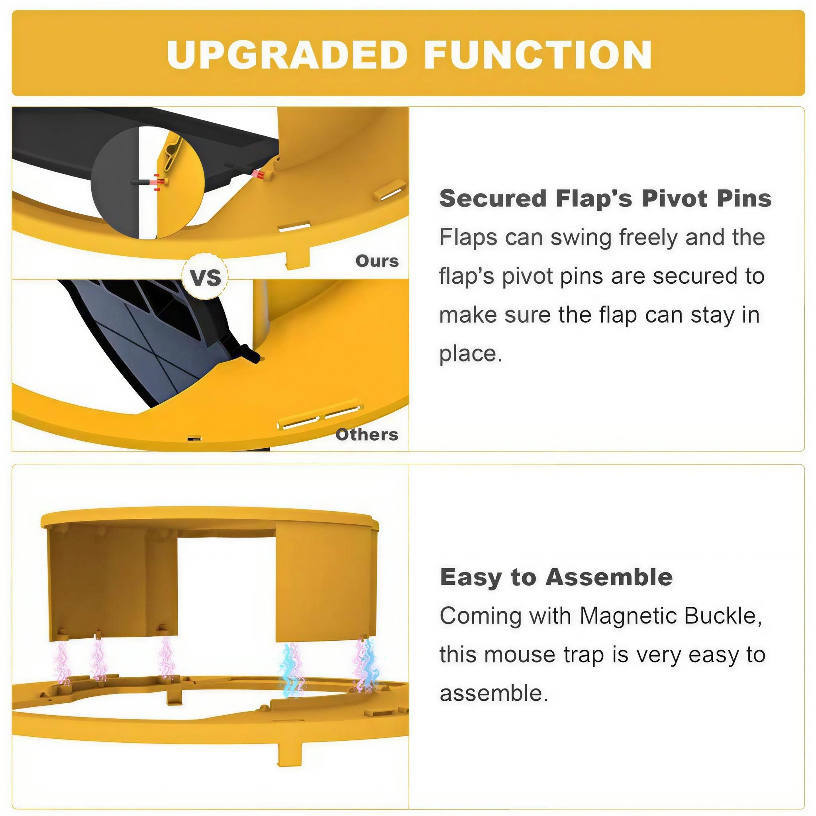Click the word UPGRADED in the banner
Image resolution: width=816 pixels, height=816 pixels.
(x=287, y=55)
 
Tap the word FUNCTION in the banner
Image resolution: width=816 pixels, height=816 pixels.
(x=538, y=55)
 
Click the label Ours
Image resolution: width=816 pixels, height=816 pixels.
(x=377, y=261)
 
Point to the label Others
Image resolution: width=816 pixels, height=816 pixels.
(x=367, y=435)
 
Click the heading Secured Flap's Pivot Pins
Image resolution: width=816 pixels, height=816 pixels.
(x=605, y=198)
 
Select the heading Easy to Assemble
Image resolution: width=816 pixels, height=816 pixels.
(x=556, y=577)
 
